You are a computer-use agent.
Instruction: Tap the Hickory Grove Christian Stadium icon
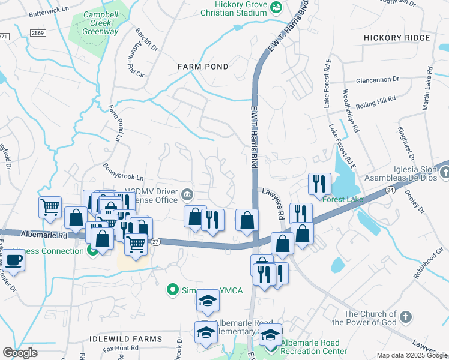276,7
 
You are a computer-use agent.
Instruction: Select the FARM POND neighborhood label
202,67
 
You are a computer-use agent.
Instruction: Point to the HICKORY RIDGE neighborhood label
397,38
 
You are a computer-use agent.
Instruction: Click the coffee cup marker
14,261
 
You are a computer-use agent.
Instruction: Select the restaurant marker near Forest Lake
319,182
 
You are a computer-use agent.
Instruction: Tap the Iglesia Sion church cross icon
444,173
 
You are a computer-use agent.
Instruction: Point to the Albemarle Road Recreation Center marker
271,346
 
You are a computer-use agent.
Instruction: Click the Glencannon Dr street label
377,79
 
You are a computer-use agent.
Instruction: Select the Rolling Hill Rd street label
375,101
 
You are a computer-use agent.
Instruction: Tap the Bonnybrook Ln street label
124,172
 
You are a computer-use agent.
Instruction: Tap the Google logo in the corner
20,352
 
